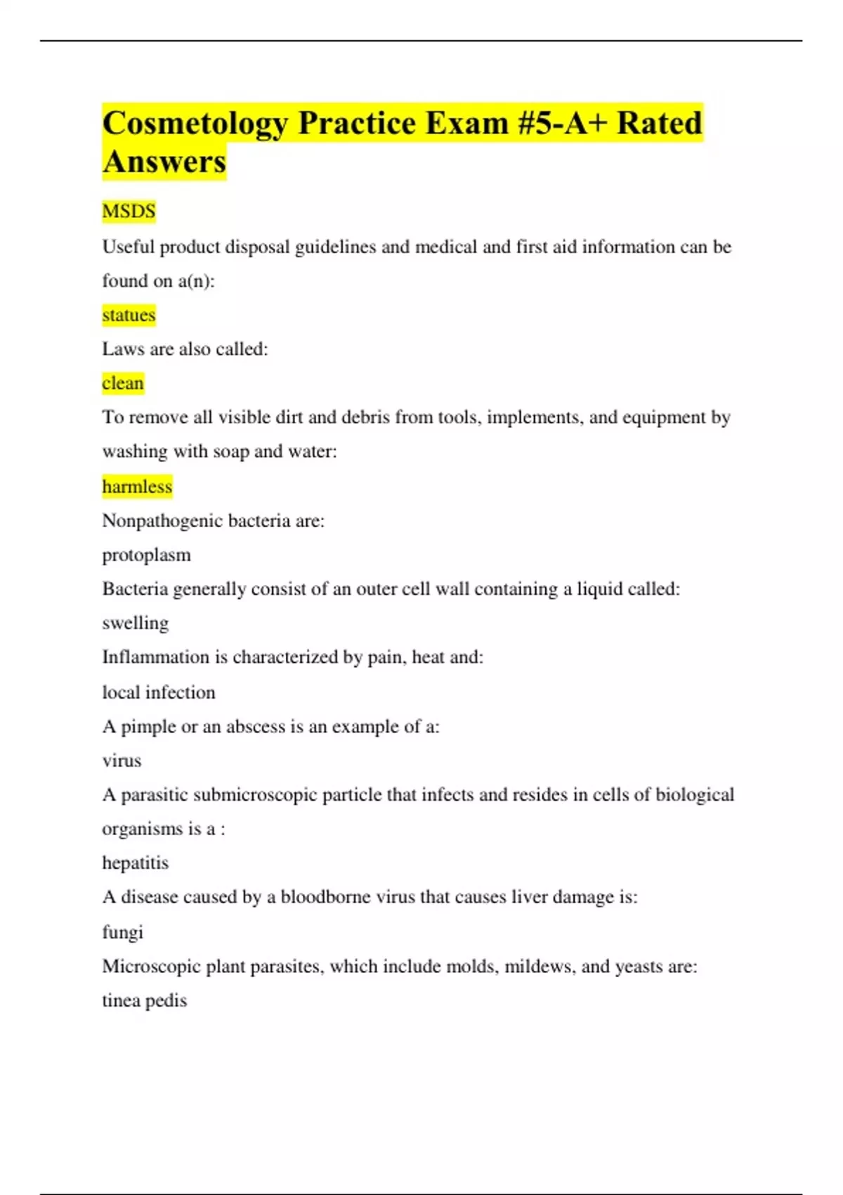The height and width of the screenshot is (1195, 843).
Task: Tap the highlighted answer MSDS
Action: pyautogui.click(x=129, y=211)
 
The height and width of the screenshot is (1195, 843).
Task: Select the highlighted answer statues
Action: pyautogui.click(x=129, y=315)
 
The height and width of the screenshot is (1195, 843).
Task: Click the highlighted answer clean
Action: pyautogui.click(x=123, y=383)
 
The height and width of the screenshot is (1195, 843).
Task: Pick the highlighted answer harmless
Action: pyautogui.click(x=137, y=486)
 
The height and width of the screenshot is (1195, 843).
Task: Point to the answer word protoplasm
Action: pyautogui.click(x=146, y=555)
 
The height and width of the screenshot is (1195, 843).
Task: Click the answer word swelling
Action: pyautogui.click(x=136, y=624)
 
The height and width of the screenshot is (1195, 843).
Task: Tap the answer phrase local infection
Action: pyautogui.click(x=159, y=692)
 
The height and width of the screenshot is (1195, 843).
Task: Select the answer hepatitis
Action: pyautogui.click(x=136, y=863)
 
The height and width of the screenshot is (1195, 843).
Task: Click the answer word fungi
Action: pyautogui.click(x=123, y=932)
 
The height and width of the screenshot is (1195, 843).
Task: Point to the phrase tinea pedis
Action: pyautogui.click(x=145, y=1000)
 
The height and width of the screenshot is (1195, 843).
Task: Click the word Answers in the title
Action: pyautogui.click(x=164, y=162)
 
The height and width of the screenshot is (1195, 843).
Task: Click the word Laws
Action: pyautogui.click(x=123, y=349)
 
